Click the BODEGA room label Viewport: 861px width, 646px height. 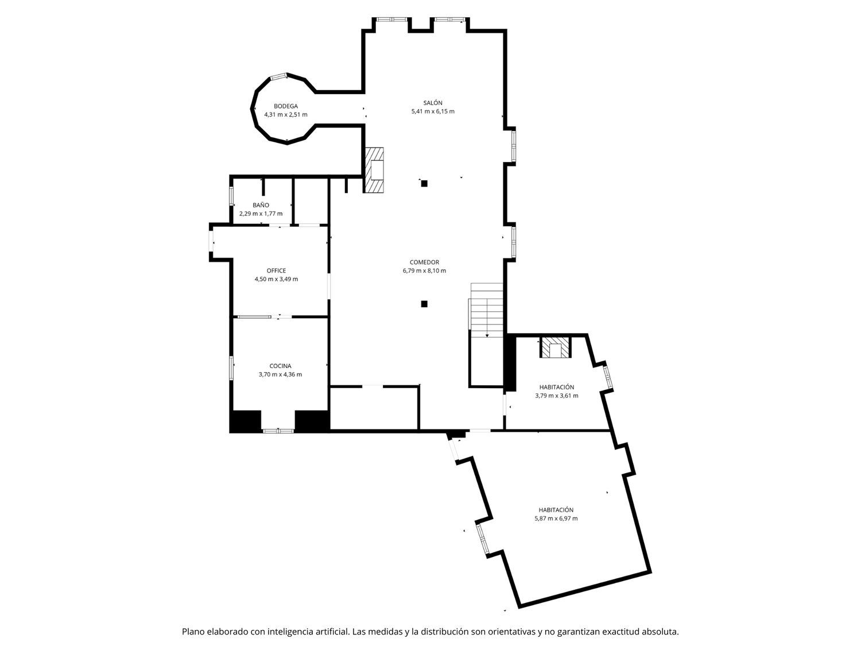(x=285, y=106)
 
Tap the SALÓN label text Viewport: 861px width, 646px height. (x=433, y=103)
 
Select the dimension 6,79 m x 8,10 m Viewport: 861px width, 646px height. (x=424, y=270)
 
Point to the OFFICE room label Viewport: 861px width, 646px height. (x=276, y=270)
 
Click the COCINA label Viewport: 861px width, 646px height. (x=280, y=366)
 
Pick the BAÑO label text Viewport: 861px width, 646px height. (x=261, y=205)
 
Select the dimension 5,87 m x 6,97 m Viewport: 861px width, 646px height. (x=556, y=518)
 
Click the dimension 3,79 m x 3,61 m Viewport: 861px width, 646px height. (x=556, y=396)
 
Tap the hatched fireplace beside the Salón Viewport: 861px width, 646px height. (x=374, y=170)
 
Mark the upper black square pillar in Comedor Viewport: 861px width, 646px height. (x=424, y=183)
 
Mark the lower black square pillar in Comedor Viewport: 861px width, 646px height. (x=424, y=304)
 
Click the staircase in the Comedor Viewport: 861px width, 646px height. (x=486, y=310)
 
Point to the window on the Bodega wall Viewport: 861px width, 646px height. (x=279, y=76)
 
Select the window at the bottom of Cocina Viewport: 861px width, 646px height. (x=278, y=431)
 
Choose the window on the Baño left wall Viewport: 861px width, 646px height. (x=231, y=195)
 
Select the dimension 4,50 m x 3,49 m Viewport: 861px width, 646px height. (x=276, y=279)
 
